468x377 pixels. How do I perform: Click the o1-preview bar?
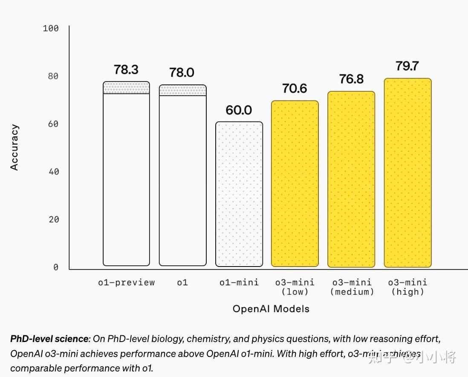[126, 179]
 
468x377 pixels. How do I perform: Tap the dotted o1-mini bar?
[239, 194]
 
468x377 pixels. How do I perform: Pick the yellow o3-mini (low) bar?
[295, 183]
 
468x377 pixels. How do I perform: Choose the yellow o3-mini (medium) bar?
[351, 179]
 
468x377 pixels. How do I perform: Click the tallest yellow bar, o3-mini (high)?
[407, 173]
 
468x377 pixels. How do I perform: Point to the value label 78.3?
[126, 70]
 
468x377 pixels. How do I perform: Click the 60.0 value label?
[239, 110]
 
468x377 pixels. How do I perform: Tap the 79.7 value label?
[407, 67]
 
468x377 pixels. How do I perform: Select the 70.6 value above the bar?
[295, 89]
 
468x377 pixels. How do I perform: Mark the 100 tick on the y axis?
[51, 29]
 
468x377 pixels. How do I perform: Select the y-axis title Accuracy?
[15, 147]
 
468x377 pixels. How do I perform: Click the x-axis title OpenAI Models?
[271, 309]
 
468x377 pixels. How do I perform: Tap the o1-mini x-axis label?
[239, 282]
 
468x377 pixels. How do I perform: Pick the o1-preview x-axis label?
[127, 282]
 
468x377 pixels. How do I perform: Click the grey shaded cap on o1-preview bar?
[126, 88]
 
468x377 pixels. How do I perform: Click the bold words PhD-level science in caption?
[50, 339]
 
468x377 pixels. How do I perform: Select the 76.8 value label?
[351, 79]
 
